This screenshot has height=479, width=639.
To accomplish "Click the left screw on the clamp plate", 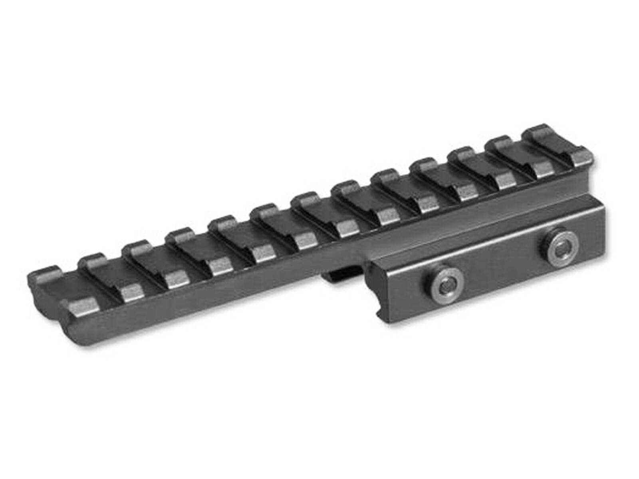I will pos(447,284).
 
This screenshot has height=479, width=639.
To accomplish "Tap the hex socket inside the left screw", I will pos(447,284).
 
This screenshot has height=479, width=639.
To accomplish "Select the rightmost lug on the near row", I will pos(581,157).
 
